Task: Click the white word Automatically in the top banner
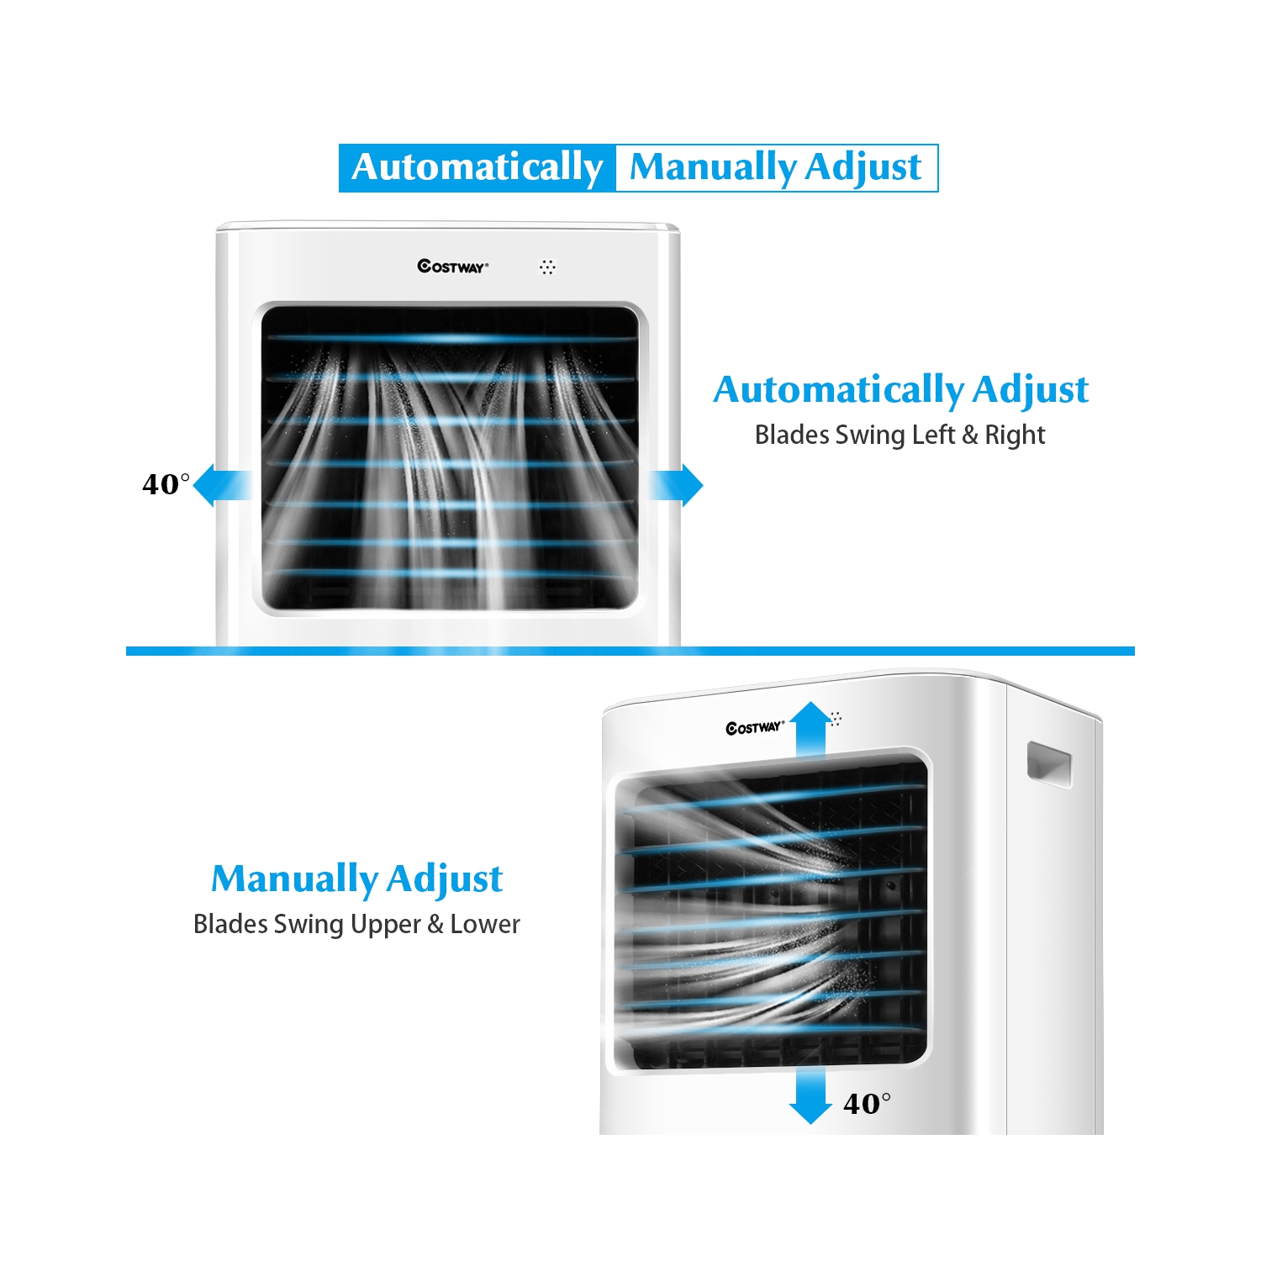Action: point(477,167)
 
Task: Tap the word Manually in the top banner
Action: point(713,167)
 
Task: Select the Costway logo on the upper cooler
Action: point(452,266)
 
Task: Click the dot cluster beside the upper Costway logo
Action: point(547,266)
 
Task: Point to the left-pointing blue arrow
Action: point(220,485)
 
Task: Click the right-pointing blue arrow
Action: point(678,485)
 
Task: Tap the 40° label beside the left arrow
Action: point(165,484)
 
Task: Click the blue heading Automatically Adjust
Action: point(900,389)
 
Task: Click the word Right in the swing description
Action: point(1015,435)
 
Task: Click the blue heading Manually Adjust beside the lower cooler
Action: point(356,878)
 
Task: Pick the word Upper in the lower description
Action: point(385,924)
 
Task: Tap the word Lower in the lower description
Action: point(485,924)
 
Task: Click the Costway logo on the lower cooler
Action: point(754,727)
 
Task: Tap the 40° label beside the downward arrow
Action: point(866,1103)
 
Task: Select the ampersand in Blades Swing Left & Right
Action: point(970,435)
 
